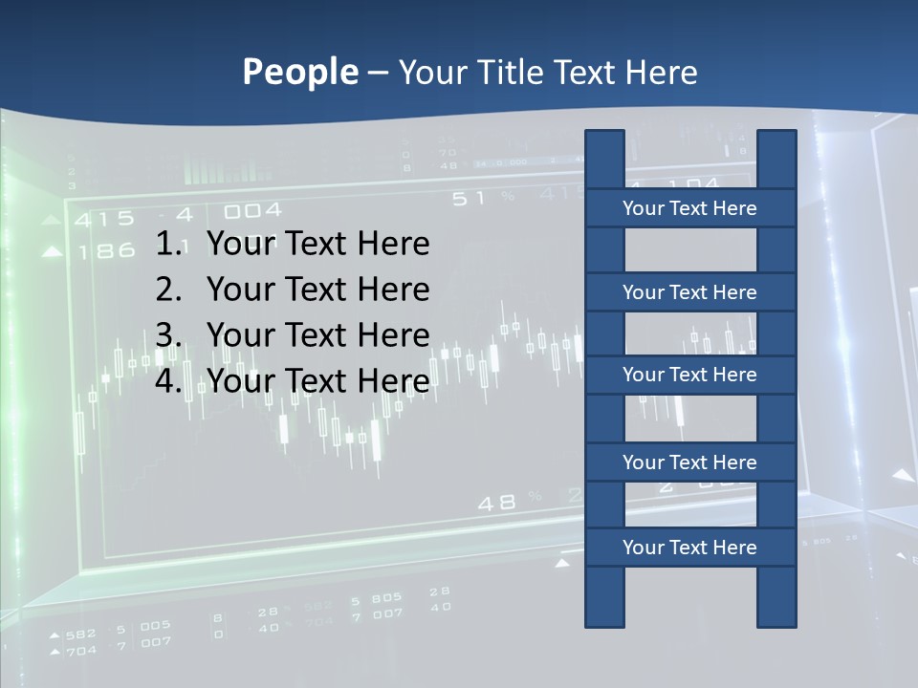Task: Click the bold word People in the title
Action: pos(299,72)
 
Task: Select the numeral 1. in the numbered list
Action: pos(169,245)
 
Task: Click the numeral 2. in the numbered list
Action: pos(169,290)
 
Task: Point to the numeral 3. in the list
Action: pos(169,335)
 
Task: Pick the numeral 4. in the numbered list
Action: pos(169,381)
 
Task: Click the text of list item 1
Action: pos(318,245)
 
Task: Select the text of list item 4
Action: pos(318,381)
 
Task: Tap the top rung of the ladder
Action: pos(689,208)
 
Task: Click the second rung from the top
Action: pos(689,292)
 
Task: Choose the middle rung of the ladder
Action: pos(689,376)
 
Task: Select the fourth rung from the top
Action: pos(689,462)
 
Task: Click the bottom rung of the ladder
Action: pos(689,548)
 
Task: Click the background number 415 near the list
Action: pos(104,220)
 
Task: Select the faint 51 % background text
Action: pos(483,198)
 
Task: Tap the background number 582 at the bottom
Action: pos(80,634)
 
